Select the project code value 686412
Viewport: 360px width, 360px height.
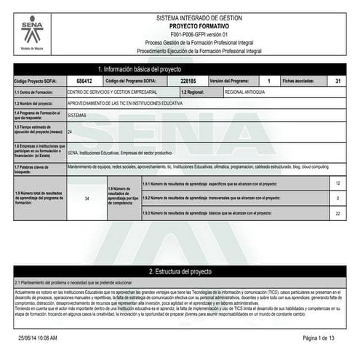pyautogui.click(x=84, y=81)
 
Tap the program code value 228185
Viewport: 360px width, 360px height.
pyautogui.click(x=188, y=81)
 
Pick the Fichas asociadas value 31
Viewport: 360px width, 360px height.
pyautogui.click(x=338, y=81)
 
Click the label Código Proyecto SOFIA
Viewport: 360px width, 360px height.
pyautogui.click(x=37, y=81)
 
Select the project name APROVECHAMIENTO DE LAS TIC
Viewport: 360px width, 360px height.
pyautogui.click(x=124, y=104)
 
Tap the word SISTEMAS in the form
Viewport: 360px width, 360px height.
pyautogui.click(x=76, y=115)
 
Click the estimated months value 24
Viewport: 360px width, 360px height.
pyautogui.click(x=70, y=132)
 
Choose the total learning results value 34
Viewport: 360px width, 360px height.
pyautogui.click(x=87, y=198)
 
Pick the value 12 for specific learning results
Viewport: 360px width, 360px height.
pyautogui.click(x=337, y=184)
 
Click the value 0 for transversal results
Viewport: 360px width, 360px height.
pyautogui.click(x=337, y=198)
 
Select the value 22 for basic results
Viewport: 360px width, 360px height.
pyautogui.click(x=337, y=213)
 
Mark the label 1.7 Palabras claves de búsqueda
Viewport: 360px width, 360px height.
pyautogui.click(x=36, y=169)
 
